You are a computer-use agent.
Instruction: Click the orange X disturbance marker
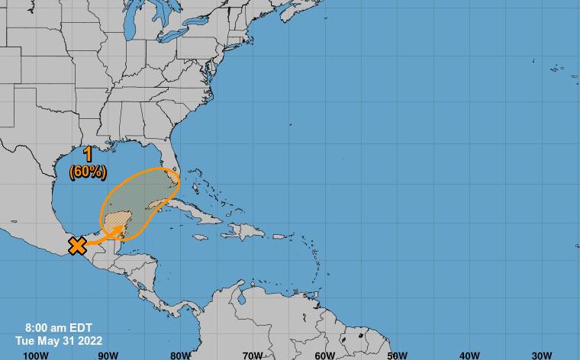77,246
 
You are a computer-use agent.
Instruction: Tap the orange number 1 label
89,156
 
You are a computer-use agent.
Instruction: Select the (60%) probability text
88,172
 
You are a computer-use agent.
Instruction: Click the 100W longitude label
36,355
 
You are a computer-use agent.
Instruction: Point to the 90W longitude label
108,355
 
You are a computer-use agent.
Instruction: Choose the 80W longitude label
181,355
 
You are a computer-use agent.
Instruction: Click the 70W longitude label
253,355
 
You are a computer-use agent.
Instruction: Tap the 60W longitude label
325,355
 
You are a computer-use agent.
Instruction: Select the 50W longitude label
397,355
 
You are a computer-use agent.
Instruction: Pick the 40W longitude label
469,355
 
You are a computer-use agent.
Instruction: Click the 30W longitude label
542,355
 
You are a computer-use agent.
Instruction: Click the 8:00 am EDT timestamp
59,328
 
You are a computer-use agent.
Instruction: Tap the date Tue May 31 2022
59,341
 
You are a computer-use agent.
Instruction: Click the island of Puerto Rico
279,235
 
